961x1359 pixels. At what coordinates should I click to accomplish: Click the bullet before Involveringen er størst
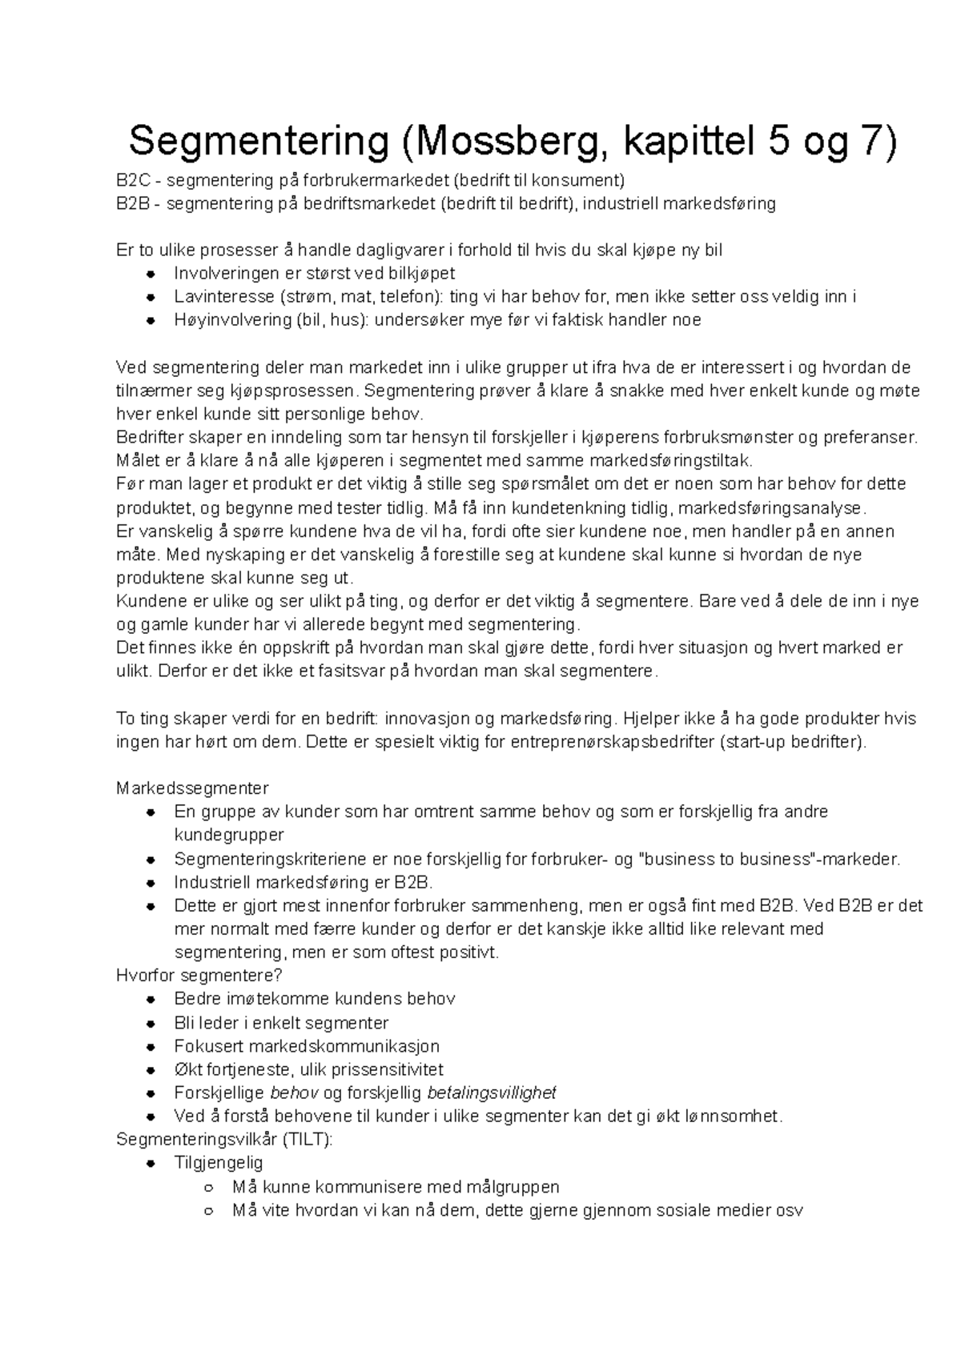pyautogui.click(x=150, y=274)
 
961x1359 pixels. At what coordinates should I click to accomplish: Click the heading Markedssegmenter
pyautogui.click(x=192, y=788)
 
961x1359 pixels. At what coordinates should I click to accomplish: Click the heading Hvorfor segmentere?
pyautogui.click(x=199, y=976)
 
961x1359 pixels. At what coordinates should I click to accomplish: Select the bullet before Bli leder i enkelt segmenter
pyautogui.click(x=150, y=1024)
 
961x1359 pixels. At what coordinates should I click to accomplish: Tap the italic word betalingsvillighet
pyautogui.click(x=492, y=1093)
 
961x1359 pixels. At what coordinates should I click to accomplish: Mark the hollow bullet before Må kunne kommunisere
pyautogui.click(x=208, y=1187)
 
